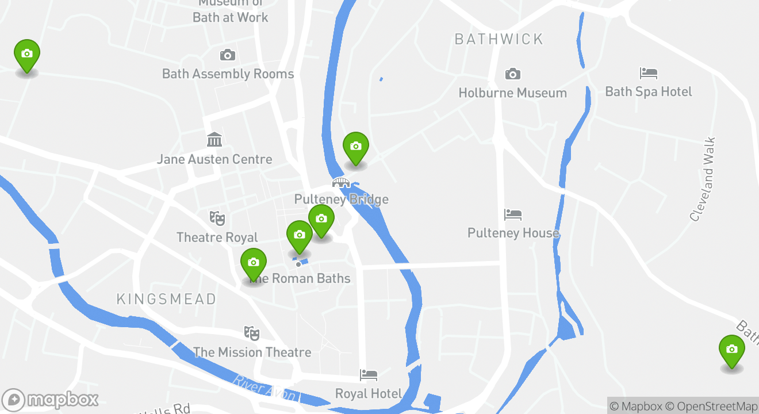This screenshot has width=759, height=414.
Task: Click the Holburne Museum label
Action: point(512,93)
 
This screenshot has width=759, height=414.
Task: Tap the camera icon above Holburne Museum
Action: point(512,74)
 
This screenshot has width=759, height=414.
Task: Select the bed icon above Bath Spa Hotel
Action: point(648,74)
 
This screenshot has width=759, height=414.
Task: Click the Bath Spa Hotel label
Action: point(648,91)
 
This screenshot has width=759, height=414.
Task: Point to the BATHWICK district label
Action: point(499,39)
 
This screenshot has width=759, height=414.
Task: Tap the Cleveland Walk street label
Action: point(703,179)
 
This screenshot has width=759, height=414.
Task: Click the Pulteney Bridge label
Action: point(341,200)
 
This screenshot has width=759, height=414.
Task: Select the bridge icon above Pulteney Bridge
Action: point(341,183)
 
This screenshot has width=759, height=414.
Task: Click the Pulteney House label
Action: point(513,233)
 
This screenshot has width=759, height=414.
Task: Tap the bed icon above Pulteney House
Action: point(512,215)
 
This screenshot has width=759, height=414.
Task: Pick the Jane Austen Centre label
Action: point(214,159)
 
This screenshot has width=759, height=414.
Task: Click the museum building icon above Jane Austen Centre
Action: point(214,140)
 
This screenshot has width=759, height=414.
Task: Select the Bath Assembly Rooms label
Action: point(228,74)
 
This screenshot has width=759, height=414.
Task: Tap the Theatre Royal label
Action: point(217,237)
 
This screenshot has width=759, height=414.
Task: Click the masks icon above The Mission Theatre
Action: point(251,333)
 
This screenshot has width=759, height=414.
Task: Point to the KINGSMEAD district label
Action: point(166,299)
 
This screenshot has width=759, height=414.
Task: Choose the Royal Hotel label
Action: point(368,394)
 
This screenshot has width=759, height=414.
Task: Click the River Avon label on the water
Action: point(265,389)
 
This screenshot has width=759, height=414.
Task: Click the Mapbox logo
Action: point(50,400)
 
